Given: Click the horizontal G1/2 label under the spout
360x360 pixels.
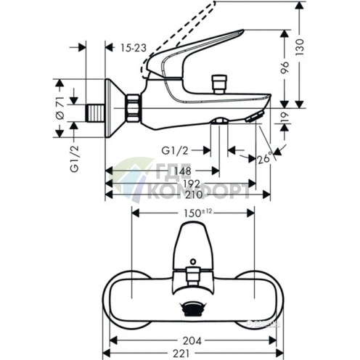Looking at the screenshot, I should [176, 150].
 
